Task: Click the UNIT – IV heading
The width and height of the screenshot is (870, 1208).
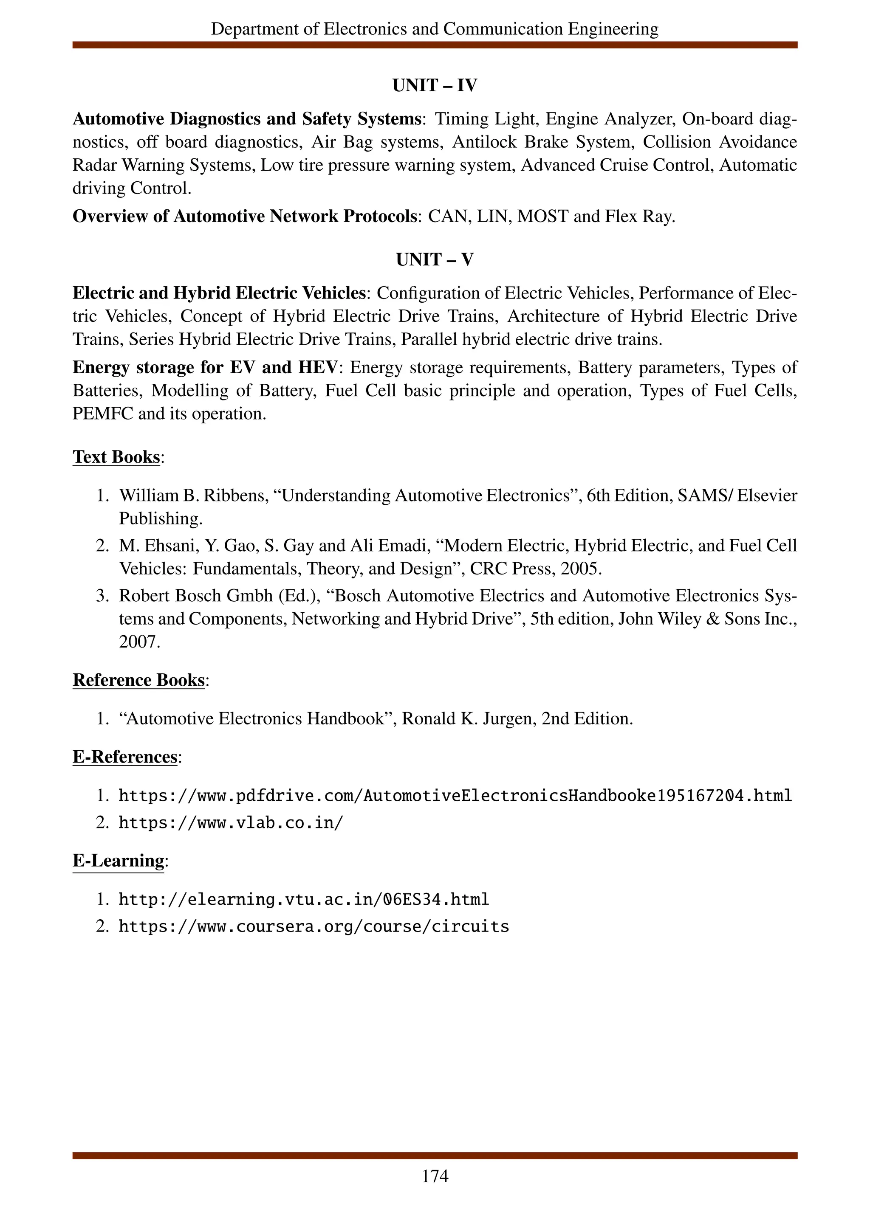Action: click(x=434, y=85)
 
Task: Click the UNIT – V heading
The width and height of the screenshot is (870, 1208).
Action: click(x=434, y=259)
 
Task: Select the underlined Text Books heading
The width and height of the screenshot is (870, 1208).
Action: click(x=116, y=456)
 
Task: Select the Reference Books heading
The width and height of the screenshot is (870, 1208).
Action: click(x=138, y=680)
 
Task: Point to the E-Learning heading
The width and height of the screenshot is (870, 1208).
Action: click(x=118, y=860)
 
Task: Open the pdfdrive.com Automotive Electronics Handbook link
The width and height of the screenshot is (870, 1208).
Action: click(x=455, y=796)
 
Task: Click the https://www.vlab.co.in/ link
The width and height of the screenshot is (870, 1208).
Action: click(x=231, y=823)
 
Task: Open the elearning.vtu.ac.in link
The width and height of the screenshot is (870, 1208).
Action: click(x=304, y=900)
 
